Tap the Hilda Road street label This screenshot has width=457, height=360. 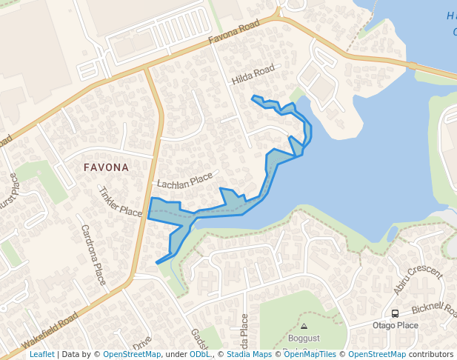(253, 76)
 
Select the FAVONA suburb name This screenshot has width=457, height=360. (106, 167)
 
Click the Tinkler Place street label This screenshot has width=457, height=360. (119, 201)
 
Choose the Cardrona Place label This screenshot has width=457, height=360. (94, 255)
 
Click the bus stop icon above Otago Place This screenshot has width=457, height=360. (396, 313)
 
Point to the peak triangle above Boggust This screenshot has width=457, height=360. (304, 326)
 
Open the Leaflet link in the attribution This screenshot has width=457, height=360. (41, 354)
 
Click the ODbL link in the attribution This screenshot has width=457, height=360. (200, 354)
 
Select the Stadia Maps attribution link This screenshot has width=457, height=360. (249, 354)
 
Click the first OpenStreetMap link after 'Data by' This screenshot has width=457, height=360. (131, 354)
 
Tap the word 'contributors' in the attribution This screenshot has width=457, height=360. (430, 354)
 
